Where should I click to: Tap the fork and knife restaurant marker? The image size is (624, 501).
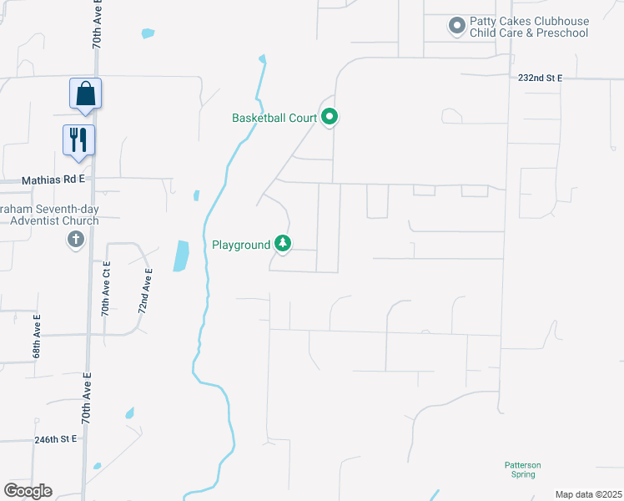click(x=79, y=139)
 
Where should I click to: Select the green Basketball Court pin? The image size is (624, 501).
click(x=330, y=117)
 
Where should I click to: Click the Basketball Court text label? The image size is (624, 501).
click(x=274, y=118)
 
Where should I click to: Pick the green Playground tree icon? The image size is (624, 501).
click(x=284, y=244)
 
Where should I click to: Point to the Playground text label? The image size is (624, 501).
click(x=241, y=245)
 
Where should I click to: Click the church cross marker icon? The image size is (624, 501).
click(x=75, y=240)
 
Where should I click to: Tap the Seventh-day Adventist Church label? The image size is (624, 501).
click(x=50, y=215)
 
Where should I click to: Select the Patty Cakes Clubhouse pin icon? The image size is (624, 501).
click(x=456, y=27)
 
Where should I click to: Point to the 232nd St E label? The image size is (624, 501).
click(x=540, y=78)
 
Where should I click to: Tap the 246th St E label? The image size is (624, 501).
click(x=55, y=438)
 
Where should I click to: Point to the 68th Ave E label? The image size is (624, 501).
click(x=37, y=337)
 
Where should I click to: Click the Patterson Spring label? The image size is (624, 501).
click(x=523, y=469)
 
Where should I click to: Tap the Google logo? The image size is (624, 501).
click(x=28, y=491)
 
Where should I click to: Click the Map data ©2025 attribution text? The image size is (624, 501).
click(x=588, y=494)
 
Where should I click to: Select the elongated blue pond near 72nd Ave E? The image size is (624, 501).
click(x=180, y=256)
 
